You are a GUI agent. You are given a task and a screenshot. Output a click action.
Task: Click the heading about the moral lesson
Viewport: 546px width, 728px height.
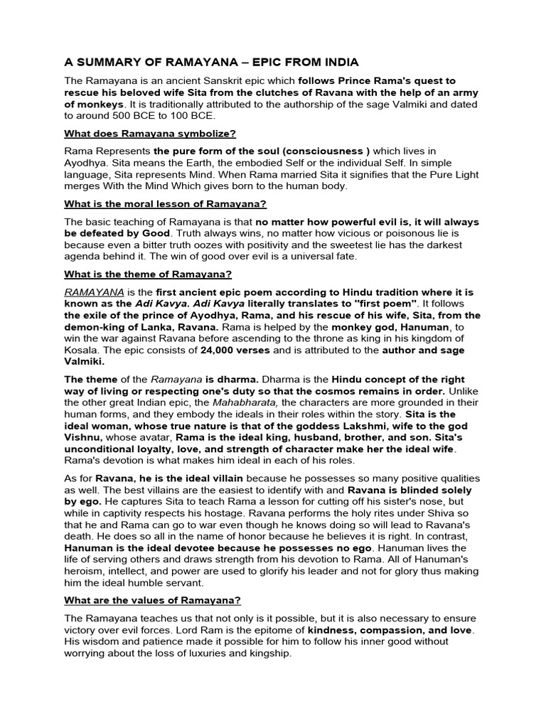[166, 204]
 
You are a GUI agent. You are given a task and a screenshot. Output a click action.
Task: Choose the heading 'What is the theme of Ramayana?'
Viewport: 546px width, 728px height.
[148, 274]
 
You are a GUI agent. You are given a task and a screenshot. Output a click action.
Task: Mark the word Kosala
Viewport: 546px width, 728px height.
[84, 350]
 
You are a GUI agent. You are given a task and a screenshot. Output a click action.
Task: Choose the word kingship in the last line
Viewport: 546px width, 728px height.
[267, 653]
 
